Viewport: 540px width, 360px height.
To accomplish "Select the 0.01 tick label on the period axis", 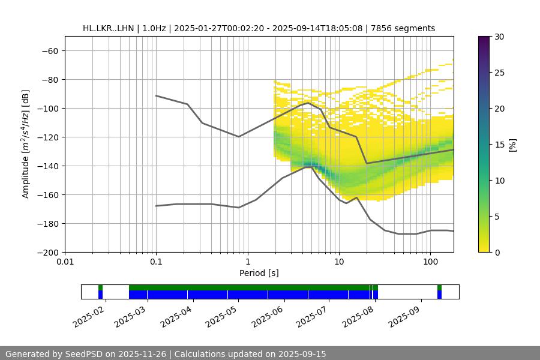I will point(65,262).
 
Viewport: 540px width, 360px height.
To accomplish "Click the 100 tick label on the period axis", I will point(430,262).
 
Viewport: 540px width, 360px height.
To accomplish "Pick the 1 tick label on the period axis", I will point(247,262).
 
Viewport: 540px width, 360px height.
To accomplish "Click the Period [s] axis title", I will point(259,273).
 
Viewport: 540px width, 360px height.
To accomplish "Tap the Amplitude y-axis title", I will point(26,144).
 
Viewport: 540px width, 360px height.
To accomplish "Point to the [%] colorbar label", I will point(512,145).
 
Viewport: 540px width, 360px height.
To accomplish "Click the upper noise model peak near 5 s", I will point(308,103).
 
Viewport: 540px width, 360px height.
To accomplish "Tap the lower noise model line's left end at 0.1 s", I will point(156,206).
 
